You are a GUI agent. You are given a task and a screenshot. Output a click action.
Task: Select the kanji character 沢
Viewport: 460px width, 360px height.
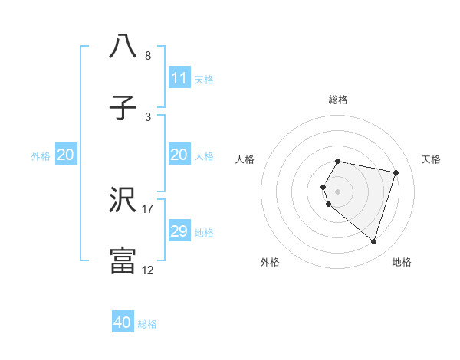[123, 201]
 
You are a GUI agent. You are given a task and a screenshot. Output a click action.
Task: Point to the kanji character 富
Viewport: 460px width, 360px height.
[123, 261]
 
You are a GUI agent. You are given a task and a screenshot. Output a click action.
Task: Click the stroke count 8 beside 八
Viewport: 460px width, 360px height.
[148, 56]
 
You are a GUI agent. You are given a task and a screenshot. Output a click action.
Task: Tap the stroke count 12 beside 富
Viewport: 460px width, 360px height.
[148, 270]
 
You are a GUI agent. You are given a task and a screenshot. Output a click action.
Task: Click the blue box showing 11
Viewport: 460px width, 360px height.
[179, 77]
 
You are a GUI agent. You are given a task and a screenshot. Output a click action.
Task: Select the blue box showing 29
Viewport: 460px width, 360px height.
[179, 231]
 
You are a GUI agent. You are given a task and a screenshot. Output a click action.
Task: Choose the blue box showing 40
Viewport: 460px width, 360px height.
[123, 322]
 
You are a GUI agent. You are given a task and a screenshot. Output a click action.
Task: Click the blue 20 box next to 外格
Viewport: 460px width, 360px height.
[65, 155]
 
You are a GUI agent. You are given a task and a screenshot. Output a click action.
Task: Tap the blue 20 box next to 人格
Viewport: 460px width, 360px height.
[179, 155]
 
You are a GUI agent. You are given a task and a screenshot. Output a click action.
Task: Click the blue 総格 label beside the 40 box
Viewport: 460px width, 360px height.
[147, 324]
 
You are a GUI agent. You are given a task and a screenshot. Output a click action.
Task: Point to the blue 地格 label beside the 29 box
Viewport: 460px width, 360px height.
[204, 232]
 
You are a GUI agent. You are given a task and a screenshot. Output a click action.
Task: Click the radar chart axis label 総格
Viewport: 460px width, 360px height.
[337, 100]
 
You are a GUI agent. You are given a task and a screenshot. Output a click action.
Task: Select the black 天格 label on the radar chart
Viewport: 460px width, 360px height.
[432, 159]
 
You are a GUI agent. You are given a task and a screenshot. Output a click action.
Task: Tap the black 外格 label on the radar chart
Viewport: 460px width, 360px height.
[270, 262]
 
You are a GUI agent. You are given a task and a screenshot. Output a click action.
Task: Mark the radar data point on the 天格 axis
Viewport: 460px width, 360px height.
[396, 172]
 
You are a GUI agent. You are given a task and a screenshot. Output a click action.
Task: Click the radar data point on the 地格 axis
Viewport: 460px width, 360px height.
[373, 241]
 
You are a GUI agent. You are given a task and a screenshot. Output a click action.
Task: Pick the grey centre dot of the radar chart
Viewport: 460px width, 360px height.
[337, 191]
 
